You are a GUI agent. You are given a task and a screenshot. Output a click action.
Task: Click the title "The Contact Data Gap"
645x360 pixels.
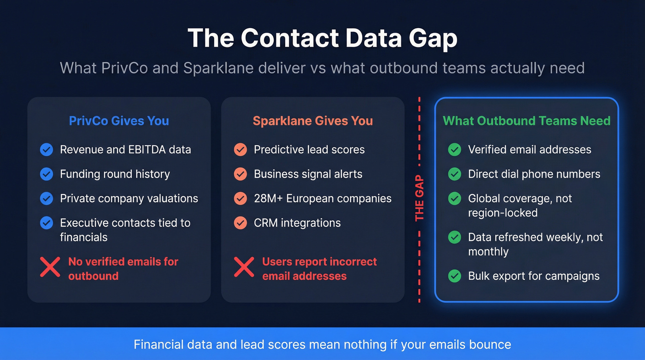pos(322,38)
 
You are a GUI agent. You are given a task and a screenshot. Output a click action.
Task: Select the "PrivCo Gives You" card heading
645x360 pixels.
pos(119,121)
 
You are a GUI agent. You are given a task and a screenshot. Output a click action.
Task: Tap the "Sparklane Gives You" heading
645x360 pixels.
pos(313,121)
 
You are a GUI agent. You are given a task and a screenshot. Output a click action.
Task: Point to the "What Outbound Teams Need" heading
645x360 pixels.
pos(527,121)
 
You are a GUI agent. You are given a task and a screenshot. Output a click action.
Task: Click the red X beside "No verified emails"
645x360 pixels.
pos(50,267)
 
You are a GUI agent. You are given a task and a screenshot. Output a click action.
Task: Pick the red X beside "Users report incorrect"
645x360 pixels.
pos(244,267)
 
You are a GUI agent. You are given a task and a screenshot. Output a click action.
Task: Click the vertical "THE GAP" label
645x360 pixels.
pos(419,198)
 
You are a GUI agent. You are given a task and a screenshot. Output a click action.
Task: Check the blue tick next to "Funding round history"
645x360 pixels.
pos(47,174)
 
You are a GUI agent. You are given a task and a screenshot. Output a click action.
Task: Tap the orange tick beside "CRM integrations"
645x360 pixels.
pos(240,223)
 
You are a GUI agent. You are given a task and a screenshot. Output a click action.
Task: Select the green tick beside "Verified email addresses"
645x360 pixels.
pos(455,149)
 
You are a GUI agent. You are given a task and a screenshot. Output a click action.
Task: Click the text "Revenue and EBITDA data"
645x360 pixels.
pos(125,149)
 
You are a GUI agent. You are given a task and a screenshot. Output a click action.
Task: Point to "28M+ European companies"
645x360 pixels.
pos(322,198)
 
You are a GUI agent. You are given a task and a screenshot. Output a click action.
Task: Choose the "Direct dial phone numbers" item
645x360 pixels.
pos(534,174)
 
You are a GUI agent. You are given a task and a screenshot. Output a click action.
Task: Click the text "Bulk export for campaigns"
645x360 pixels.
pos(534,276)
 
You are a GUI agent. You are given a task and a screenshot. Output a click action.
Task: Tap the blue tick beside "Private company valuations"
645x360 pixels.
pos(47,198)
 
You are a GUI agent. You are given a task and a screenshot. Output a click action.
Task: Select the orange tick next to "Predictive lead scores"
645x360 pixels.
pos(240,149)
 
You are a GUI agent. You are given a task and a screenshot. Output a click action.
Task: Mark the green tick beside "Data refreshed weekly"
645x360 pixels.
pos(455,237)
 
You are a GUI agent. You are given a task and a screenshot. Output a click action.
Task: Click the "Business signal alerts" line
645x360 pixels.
pos(308,174)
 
